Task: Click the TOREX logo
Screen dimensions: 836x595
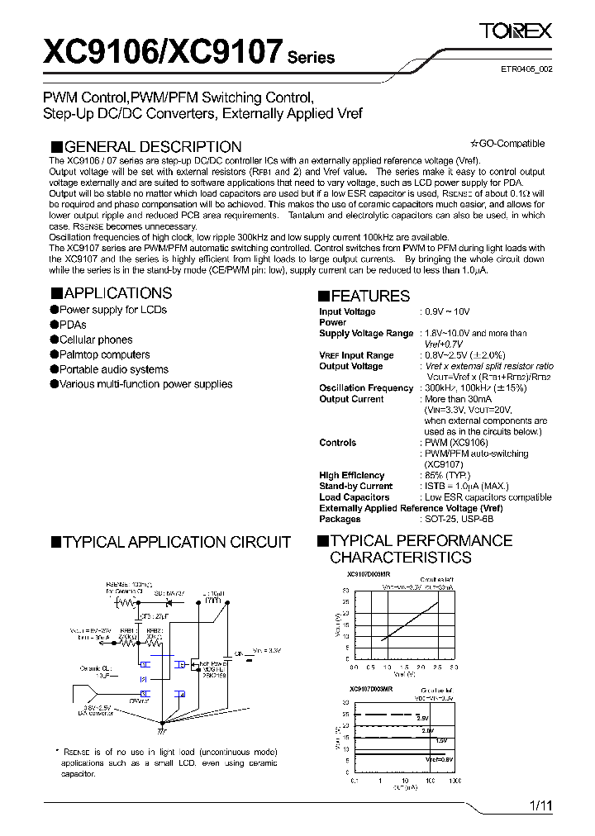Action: (x=516, y=31)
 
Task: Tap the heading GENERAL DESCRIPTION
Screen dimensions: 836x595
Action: (x=153, y=147)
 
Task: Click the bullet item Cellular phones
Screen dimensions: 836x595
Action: (x=96, y=340)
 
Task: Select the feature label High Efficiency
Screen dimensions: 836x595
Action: (x=352, y=476)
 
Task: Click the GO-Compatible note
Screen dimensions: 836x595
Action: (x=507, y=144)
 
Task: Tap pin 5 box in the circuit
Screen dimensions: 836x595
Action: (x=179, y=663)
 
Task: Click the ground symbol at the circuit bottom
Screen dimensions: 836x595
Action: (x=160, y=730)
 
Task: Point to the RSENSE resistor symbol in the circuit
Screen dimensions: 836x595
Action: (x=127, y=602)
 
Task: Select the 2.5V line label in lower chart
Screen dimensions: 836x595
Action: (x=422, y=718)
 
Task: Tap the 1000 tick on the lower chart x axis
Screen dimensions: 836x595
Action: (x=455, y=781)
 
